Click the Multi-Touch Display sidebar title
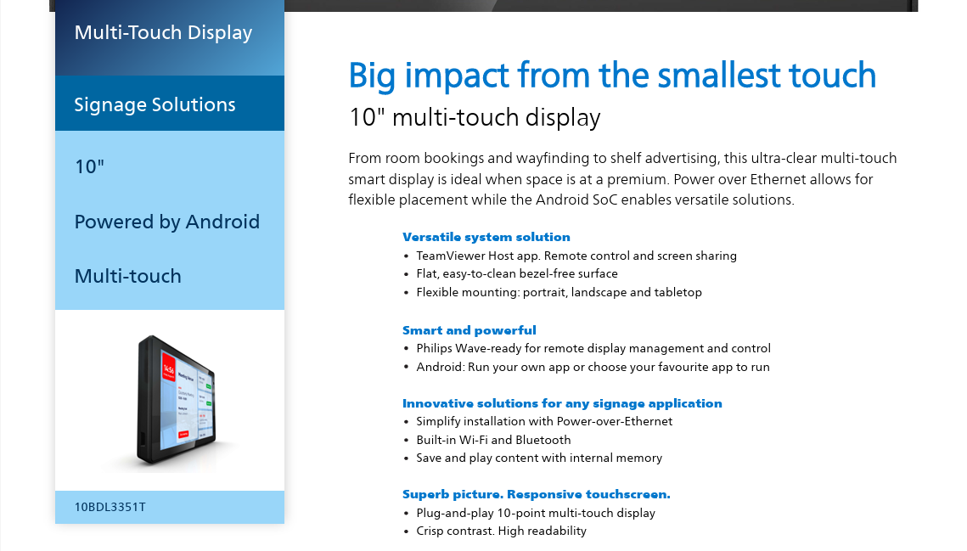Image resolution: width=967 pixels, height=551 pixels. pyautogui.click(x=163, y=33)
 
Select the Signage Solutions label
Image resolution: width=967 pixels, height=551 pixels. pyautogui.click(x=155, y=105)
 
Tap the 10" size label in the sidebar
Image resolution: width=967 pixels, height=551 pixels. pyautogui.click(x=89, y=166)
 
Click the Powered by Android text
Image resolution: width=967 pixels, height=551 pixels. pyautogui.click(x=167, y=222)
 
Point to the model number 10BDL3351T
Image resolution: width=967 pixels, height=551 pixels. pyautogui.click(x=110, y=507)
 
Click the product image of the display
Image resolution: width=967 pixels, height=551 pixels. pyautogui.click(x=177, y=400)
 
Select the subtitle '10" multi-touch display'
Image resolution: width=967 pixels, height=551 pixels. pyautogui.click(x=475, y=117)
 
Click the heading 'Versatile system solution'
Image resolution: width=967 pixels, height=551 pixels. pyautogui.click(x=486, y=237)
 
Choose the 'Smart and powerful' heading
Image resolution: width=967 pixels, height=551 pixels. pyautogui.click(x=469, y=330)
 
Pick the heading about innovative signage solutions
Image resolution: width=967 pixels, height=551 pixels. pyautogui.click(x=562, y=403)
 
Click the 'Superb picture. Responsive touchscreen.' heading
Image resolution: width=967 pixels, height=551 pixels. pyautogui.click(x=537, y=494)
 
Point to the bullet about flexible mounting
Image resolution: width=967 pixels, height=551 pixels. pyautogui.click(x=559, y=292)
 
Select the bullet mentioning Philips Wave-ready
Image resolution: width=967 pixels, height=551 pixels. pyautogui.click(x=593, y=349)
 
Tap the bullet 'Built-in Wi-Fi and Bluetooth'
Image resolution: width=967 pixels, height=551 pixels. pyautogui.click(x=493, y=440)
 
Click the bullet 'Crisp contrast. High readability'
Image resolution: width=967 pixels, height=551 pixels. pyautogui.click(x=502, y=531)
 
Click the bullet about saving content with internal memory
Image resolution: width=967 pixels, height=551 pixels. pyautogui.click(x=539, y=458)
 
